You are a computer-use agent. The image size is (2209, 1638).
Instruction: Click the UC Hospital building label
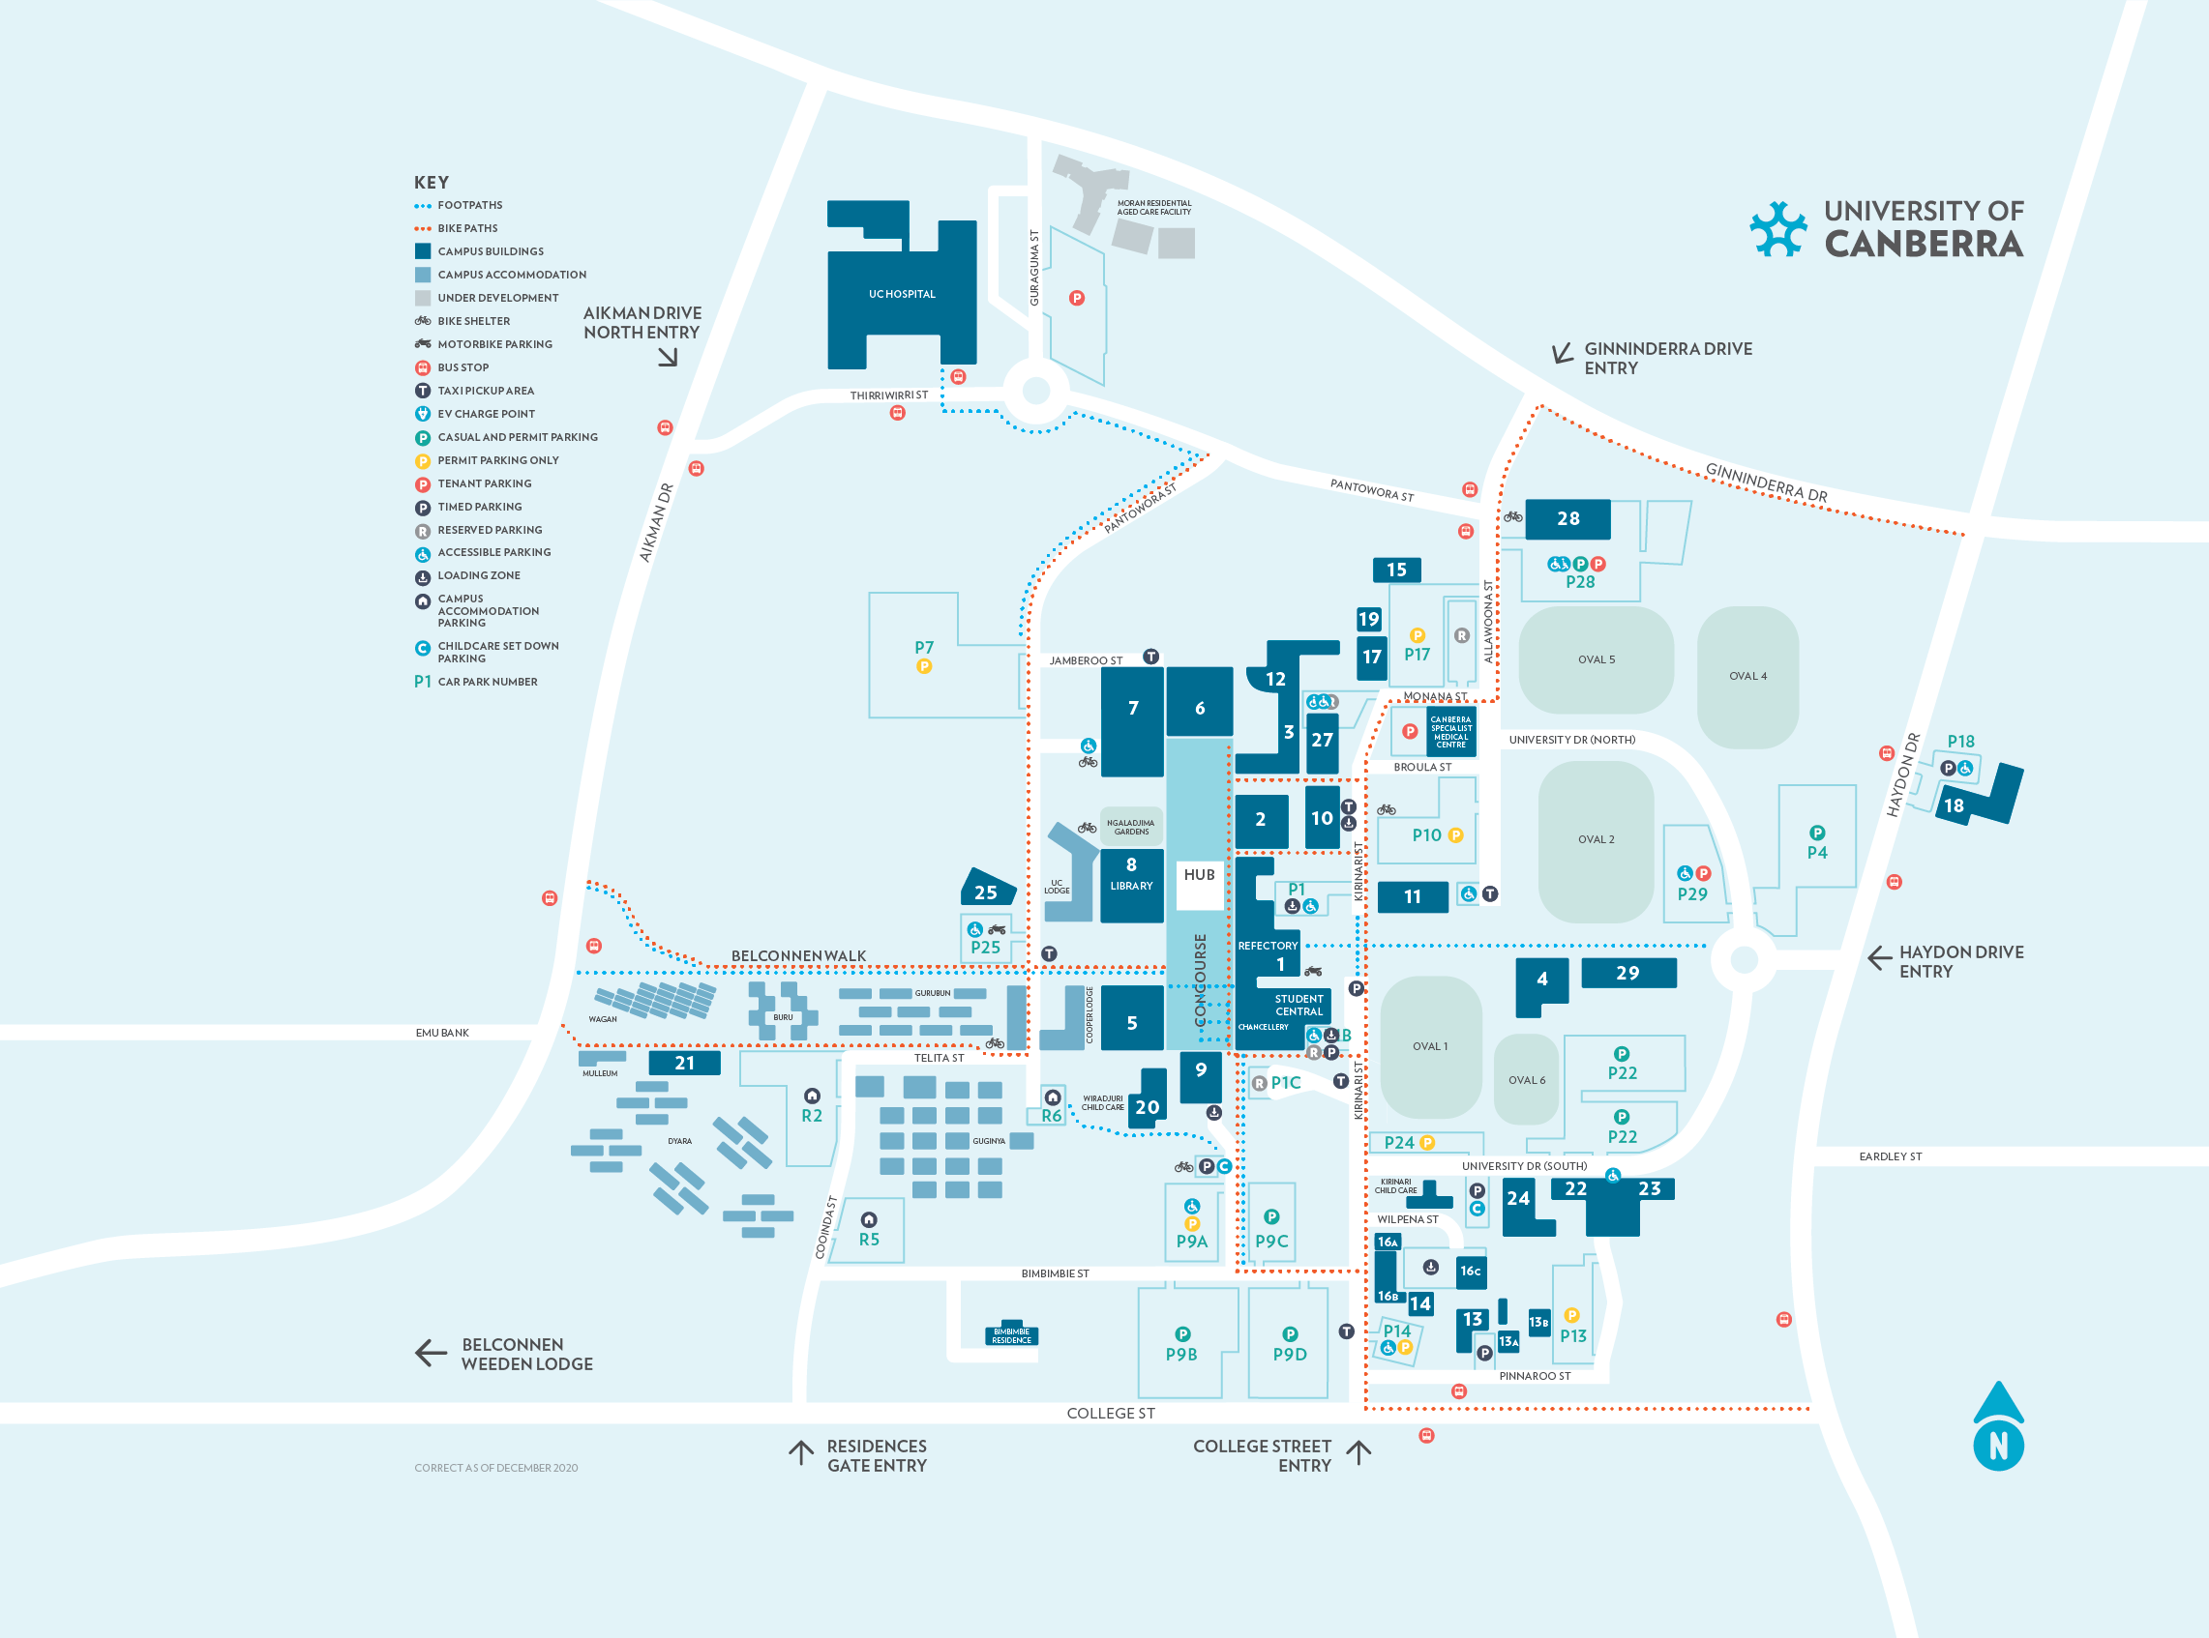[x=902, y=295]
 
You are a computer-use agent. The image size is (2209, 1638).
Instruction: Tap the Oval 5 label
[x=1596, y=659]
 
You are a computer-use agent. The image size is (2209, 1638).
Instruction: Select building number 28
[x=1567, y=518]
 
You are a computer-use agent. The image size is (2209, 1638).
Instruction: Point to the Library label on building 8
[x=1131, y=887]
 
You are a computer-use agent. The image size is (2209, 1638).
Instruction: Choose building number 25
[x=986, y=892]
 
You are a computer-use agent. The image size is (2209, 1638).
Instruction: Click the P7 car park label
[x=923, y=648]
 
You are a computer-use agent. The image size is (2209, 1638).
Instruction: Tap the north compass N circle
[x=1998, y=1447]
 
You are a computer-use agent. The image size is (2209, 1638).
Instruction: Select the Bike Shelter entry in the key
[x=473, y=321]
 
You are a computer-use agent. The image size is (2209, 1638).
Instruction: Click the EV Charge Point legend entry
[x=485, y=415]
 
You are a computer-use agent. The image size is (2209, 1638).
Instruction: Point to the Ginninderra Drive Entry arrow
[x=1562, y=354]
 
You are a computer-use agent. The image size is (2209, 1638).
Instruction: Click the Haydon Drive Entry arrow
[x=1878, y=959]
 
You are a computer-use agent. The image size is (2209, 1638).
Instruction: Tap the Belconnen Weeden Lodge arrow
[x=431, y=1353]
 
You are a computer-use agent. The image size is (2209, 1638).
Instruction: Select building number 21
[x=684, y=1063]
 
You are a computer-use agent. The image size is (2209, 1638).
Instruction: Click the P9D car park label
[x=1290, y=1355]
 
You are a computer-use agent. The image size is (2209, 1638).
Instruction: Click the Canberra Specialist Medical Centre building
[x=1450, y=732]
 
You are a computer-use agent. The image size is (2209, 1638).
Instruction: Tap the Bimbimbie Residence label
[x=1011, y=1335]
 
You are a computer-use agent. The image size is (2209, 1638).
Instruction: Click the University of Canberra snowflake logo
[x=1777, y=229]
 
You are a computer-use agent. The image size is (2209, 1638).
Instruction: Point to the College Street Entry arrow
[x=1358, y=1453]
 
